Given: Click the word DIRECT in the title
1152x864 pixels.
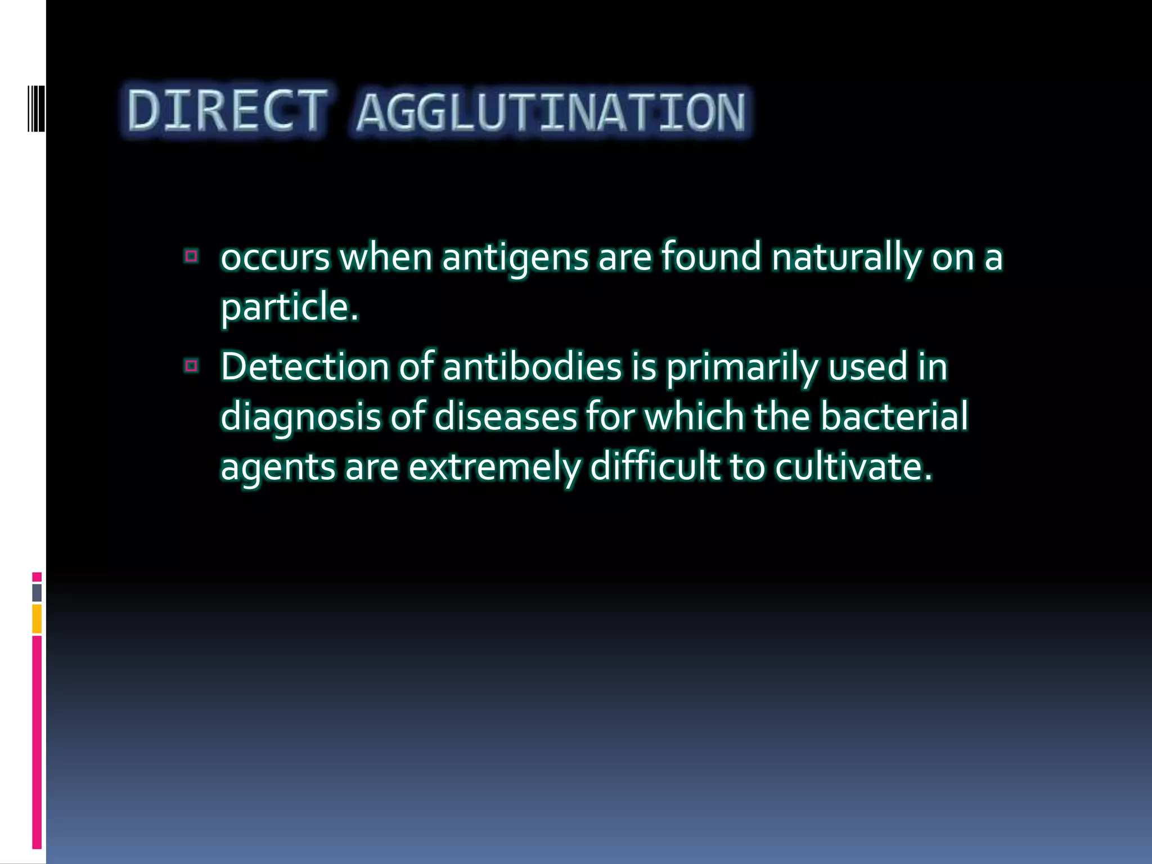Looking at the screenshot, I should pyautogui.click(x=227, y=110).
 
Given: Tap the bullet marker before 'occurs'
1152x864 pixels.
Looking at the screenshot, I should pyautogui.click(x=191, y=256).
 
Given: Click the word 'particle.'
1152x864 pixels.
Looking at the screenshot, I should pyautogui.click(x=289, y=308).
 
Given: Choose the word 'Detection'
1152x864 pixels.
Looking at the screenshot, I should pyautogui.click(x=304, y=367).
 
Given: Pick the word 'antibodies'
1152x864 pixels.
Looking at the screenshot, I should pyautogui.click(x=532, y=367).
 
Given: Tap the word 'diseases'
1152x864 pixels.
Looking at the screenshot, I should pyautogui.click(x=506, y=417).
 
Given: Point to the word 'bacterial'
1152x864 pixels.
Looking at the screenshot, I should pyautogui.click(x=893, y=417).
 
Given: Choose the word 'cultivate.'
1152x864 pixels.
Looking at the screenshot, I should pyautogui.click(x=853, y=467).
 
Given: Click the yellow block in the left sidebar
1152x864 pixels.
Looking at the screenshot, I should pyautogui.click(x=37, y=619).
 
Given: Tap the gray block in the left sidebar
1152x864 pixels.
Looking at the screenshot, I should pyautogui.click(x=37, y=592).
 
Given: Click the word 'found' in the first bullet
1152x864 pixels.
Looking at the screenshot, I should pyautogui.click(x=710, y=256).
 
